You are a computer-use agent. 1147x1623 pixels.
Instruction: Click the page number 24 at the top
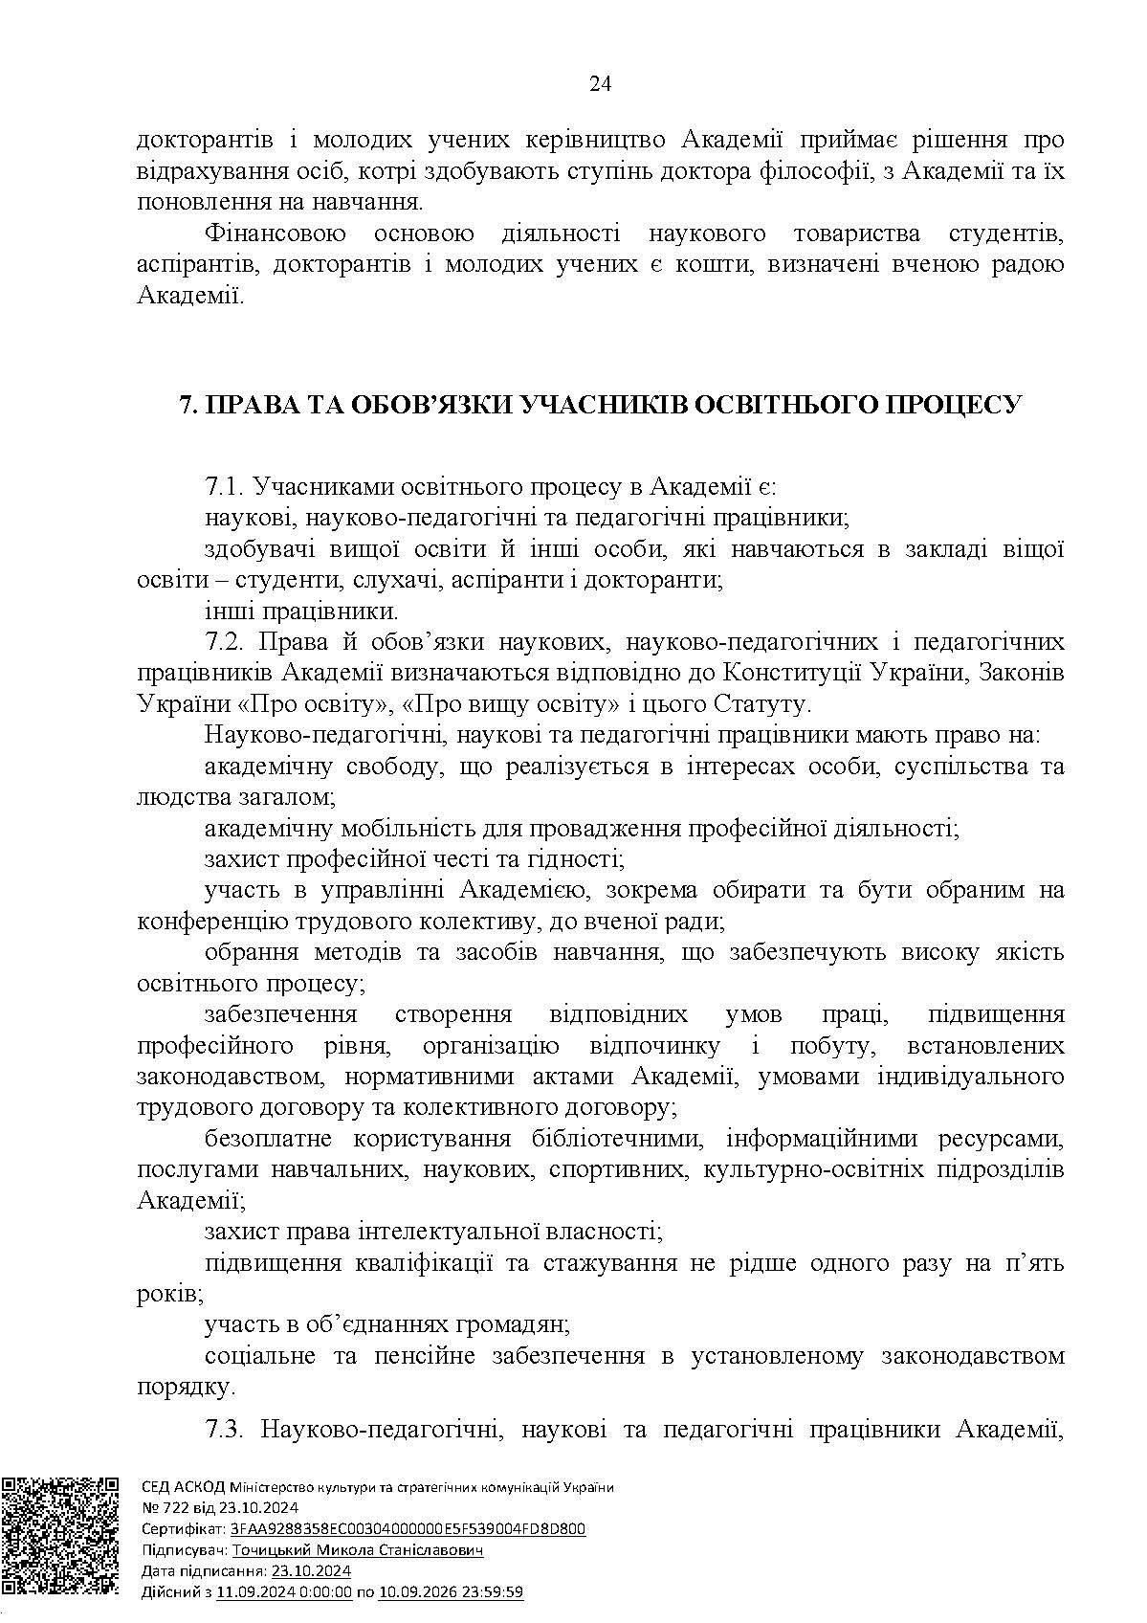pyautogui.click(x=600, y=84)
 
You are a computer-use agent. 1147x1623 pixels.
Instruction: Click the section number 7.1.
pyautogui.click(x=226, y=487)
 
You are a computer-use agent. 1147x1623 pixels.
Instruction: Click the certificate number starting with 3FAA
pyautogui.click(x=408, y=1529)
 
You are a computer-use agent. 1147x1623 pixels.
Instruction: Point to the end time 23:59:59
pyautogui.click(x=492, y=1592)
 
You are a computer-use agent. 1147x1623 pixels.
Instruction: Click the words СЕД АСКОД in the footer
pyautogui.click(x=183, y=1487)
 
